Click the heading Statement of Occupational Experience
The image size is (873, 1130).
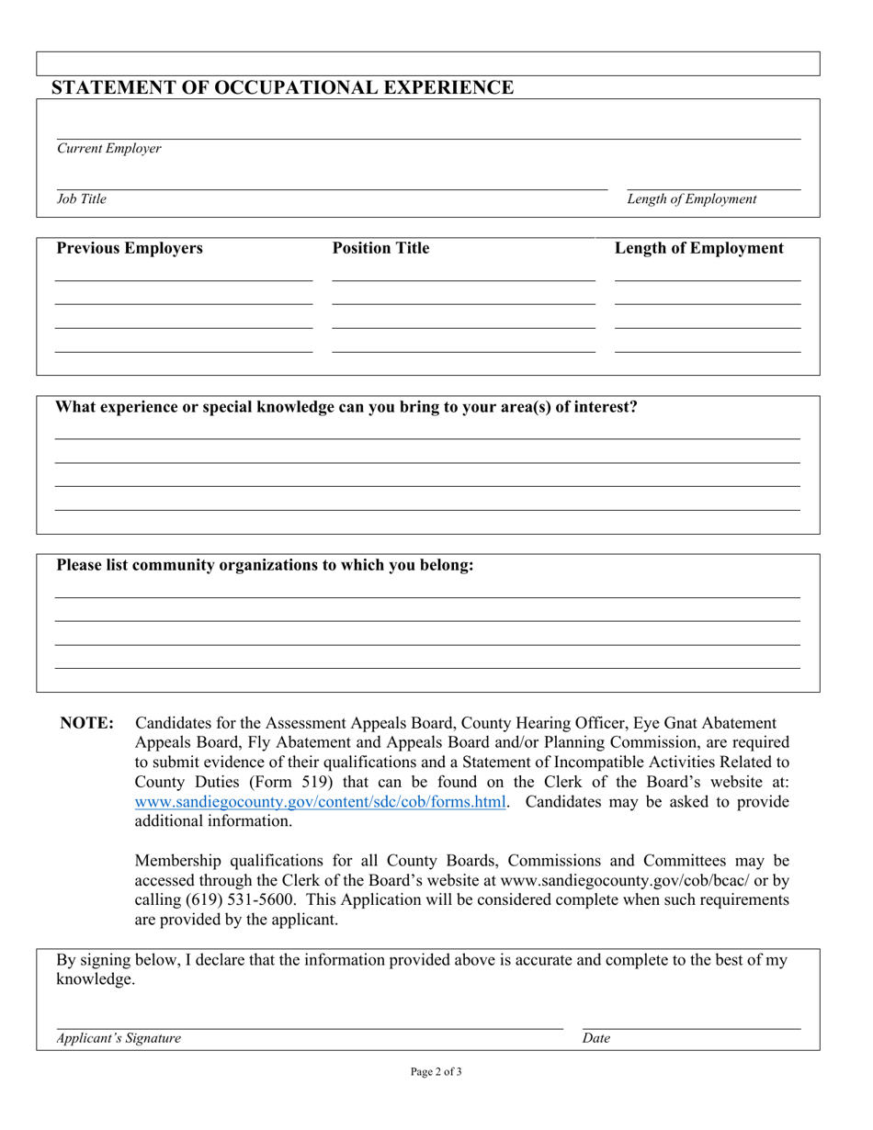point(283,88)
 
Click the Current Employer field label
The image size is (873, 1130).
point(109,149)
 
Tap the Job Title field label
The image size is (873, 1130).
point(82,199)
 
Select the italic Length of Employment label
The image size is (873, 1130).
point(692,199)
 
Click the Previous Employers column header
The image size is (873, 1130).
point(130,249)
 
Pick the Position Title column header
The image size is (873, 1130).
point(380,249)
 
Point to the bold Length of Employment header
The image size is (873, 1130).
point(698,249)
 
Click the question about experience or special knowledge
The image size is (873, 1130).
point(346,407)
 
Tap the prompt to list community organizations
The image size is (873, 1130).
point(266,565)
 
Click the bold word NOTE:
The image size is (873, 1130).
point(87,724)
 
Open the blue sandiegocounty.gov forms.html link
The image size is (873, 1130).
point(321,802)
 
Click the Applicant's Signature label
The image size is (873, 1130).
point(119,1039)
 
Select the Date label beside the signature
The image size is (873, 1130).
point(595,1039)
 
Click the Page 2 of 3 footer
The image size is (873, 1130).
point(436,1071)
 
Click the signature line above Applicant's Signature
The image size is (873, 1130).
point(310,1027)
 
